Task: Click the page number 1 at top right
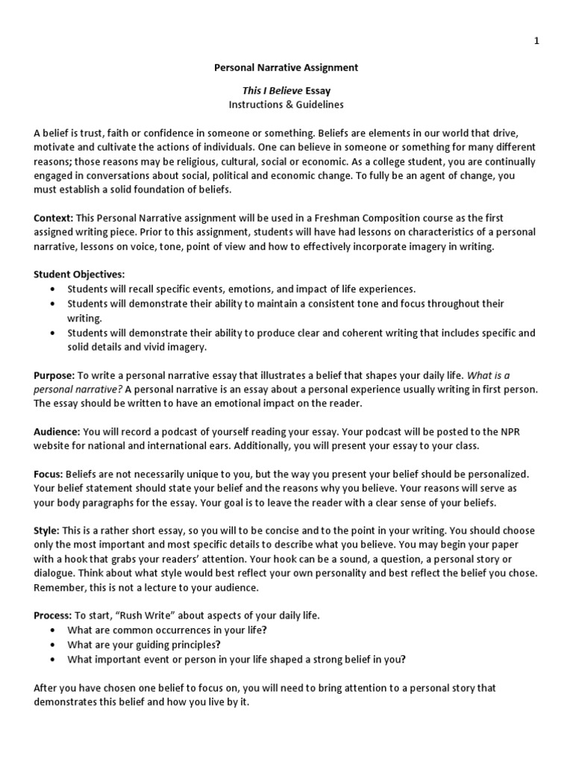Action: pos(536,41)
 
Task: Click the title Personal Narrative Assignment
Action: pos(286,67)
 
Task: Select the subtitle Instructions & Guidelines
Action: pos(286,105)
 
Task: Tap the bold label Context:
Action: pos(53,218)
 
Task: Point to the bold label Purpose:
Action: pos(54,375)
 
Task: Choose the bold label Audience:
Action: pos(57,432)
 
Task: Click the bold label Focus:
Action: pos(48,474)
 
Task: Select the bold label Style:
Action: pos(46,530)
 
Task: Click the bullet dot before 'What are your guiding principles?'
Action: pos(51,644)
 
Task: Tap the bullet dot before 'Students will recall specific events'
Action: pos(51,289)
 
